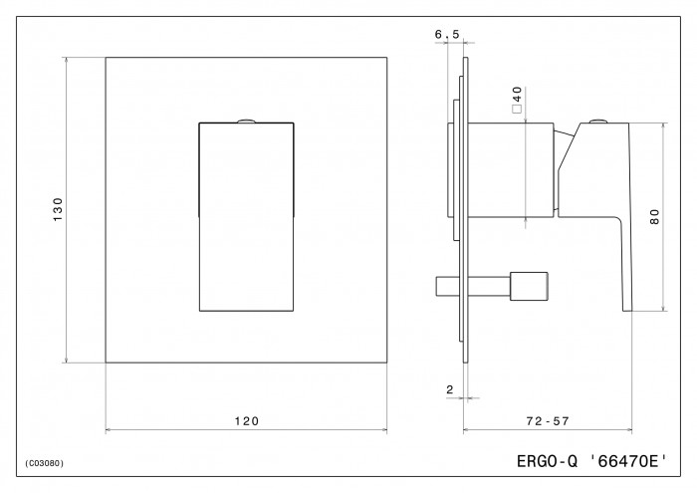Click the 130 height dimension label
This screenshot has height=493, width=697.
58,210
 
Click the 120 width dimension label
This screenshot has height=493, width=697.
247,420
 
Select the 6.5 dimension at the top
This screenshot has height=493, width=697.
447,34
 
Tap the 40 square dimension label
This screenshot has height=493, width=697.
517,94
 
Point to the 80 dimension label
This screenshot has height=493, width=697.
655,217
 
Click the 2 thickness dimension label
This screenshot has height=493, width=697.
450,389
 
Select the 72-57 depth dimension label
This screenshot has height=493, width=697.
548,420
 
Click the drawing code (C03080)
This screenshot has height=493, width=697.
45,463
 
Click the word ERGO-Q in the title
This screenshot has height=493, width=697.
547,461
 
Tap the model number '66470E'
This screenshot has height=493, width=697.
628,461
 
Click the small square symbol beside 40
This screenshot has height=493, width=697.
517,109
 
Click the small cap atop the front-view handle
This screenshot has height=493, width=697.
246,121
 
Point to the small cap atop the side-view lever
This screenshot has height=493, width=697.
597,121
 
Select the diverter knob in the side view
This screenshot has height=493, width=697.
529,286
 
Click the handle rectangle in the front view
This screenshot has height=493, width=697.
246,216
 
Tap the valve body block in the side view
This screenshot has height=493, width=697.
511,170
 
